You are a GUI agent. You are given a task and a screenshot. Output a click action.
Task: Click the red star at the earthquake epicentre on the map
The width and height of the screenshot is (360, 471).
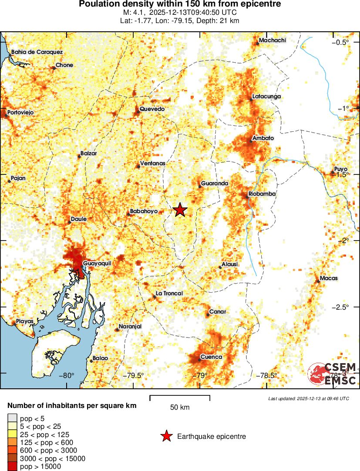(180, 210)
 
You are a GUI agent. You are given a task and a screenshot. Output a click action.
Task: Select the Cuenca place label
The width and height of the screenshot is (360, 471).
(211, 357)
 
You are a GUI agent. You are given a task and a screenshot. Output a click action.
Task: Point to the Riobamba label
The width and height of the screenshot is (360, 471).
(262, 194)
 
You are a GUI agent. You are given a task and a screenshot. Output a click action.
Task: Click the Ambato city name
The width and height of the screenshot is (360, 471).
(263, 138)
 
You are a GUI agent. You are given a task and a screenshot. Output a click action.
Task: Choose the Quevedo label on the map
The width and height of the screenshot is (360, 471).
(152, 109)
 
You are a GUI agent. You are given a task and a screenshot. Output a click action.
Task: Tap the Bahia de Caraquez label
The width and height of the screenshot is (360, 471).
(37, 52)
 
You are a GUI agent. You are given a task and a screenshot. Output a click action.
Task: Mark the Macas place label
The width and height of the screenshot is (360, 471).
(329, 278)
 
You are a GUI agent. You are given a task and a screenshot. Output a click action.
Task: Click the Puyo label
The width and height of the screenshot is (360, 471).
(340, 169)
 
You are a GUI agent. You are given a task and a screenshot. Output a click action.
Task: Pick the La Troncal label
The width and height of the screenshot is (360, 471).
(169, 294)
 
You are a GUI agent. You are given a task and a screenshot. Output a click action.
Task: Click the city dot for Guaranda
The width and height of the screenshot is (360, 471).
(200, 187)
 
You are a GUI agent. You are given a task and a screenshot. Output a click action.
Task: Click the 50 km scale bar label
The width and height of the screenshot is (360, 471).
(180, 408)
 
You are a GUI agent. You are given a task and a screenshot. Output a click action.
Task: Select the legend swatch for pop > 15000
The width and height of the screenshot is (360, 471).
(13, 467)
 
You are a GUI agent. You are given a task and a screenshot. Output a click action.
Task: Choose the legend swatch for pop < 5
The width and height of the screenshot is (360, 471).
(13, 418)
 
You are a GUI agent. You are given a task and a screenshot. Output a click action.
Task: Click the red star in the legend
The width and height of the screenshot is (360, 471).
(166, 436)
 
